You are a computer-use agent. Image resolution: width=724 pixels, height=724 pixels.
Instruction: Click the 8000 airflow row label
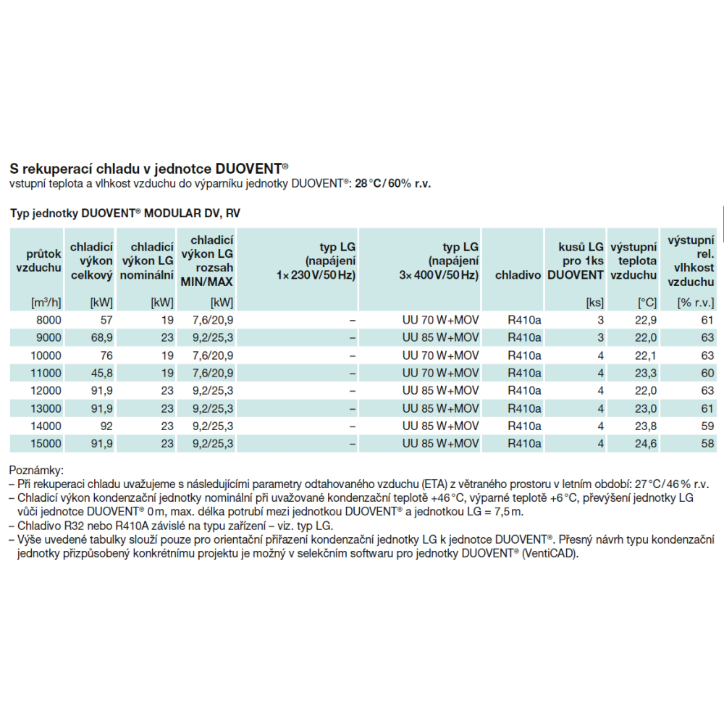(x=49, y=320)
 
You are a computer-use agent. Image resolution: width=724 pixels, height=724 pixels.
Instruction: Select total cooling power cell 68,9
(x=102, y=337)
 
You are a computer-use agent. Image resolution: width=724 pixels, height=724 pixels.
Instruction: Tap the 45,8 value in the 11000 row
(x=102, y=373)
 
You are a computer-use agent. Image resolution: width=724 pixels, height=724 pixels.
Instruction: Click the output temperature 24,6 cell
(x=646, y=444)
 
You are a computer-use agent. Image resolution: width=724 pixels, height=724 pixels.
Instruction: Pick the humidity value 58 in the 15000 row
(x=707, y=444)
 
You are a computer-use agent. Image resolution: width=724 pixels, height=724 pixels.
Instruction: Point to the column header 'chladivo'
(x=518, y=275)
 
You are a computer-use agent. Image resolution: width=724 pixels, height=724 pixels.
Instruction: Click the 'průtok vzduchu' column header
(x=39, y=261)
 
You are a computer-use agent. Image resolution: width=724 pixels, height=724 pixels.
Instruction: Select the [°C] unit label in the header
(x=647, y=303)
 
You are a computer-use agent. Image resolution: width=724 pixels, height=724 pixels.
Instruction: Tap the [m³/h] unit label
(x=46, y=303)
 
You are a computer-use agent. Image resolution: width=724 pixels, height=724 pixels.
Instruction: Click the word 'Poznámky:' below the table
(x=36, y=471)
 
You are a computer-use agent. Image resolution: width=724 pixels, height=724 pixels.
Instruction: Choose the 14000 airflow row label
(x=46, y=426)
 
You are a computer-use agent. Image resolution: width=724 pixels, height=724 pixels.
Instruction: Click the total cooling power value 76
(x=106, y=355)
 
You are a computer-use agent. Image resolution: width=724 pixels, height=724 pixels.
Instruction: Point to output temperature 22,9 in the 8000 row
(x=646, y=320)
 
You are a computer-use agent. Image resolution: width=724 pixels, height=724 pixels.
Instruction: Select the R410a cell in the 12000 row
(x=524, y=391)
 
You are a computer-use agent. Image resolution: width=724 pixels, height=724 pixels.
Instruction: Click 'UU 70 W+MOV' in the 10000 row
(x=440, y=355)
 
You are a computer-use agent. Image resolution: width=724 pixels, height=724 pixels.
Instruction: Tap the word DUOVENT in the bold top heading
(x=256, y=169)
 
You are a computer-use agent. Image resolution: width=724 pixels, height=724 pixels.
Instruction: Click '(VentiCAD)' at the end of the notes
(x=550, y=553)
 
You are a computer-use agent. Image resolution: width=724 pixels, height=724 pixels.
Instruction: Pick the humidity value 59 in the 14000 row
(x=707, y=426)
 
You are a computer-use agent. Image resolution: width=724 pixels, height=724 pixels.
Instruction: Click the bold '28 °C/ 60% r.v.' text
(x=392, y=184)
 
